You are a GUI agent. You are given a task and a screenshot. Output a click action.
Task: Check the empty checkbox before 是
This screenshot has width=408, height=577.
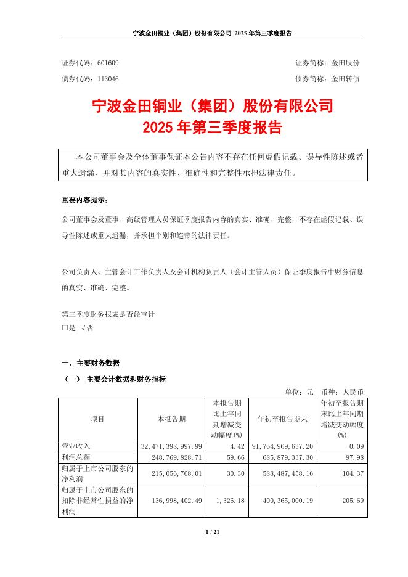64,329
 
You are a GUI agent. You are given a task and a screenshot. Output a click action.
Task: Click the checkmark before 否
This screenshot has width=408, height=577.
83,329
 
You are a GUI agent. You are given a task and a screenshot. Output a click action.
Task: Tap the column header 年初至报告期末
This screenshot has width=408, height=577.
282,419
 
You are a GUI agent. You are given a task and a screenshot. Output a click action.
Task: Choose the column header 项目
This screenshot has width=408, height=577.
97,419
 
